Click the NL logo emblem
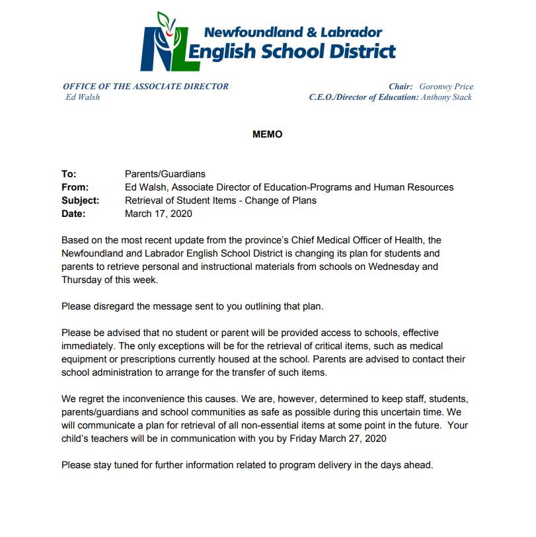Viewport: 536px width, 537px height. click(x=169, y=42)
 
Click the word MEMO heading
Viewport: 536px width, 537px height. click(x=267, y=134)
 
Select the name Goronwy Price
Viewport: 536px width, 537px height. click(x=446, y=87)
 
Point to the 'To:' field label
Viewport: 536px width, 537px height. click(x=69, y=174)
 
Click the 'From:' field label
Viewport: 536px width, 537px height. click(x=75, y=187)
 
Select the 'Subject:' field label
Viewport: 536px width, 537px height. click(x=80, y=200)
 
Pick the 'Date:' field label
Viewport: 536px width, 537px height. click(x=73, y=214)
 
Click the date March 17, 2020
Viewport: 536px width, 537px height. click(x=159, y=214)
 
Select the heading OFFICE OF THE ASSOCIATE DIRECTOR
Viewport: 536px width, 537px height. click(x=145, y=87)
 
